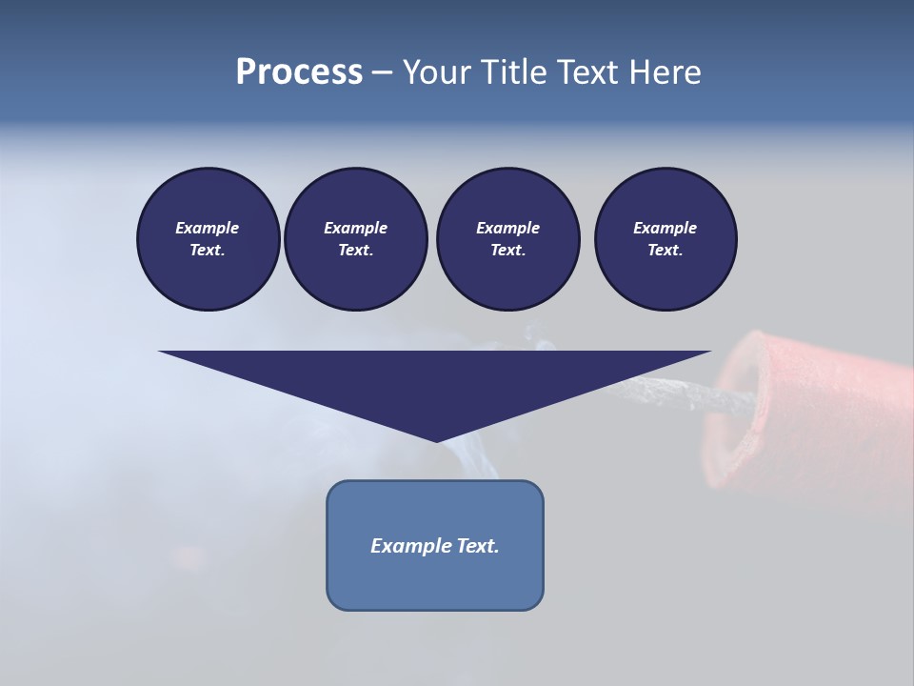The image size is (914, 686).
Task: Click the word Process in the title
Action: click(x=299, y=71)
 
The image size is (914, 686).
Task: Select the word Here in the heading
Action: click(x=664, y=71)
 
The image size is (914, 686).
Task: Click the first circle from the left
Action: click(x=208, y=238)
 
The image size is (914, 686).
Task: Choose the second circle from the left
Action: click(x=355, y=238)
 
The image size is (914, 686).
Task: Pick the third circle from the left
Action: click(x=507, y=238)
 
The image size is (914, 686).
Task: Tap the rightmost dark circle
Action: click(x=665, y=238)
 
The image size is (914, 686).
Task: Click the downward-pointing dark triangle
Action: click(x=435, y=381)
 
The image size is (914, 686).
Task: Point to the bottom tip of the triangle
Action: click(x=436, y=440)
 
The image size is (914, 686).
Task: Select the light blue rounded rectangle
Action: click(x=435, y=581)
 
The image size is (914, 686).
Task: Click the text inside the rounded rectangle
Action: click(x=435, y=546)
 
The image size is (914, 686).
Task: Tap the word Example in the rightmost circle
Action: click(x=665, y=228)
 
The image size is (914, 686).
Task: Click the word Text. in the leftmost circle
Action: click(x=208, y=250)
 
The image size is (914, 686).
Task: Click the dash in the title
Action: click(x=382, y=71)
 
